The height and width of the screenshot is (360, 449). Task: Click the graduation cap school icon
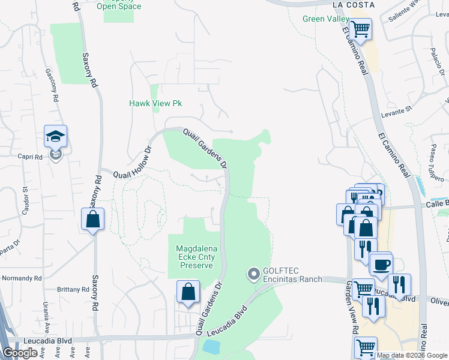point(55,137)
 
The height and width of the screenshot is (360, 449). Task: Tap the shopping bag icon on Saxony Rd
point(93,220)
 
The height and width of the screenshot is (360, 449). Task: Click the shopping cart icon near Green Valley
point(360,29)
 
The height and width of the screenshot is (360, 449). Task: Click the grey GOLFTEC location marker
point(253,275)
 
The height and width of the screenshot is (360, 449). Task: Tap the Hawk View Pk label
point(155,103)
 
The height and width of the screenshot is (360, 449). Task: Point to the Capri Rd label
point(30,157)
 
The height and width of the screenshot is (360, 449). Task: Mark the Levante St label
point(397,112)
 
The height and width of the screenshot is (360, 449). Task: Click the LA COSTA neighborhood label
point(354,5)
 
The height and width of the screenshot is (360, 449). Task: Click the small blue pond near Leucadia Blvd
point(211,346)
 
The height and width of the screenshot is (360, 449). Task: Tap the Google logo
point(20,353)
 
